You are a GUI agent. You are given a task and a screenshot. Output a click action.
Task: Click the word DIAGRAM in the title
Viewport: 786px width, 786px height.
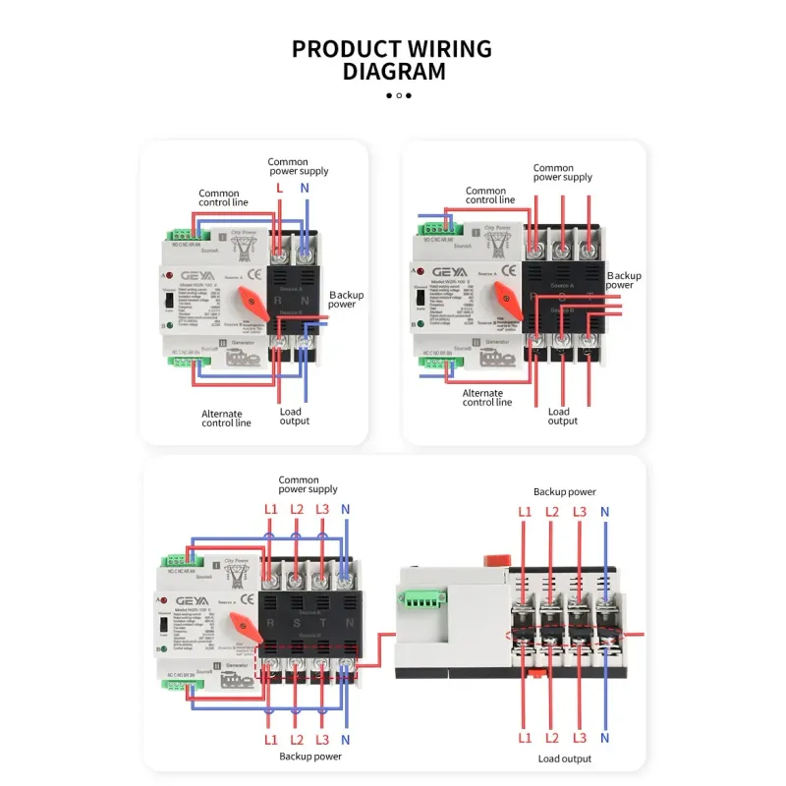tap(393, 71)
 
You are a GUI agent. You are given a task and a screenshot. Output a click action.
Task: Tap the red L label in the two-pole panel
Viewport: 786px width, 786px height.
tap(279, 187)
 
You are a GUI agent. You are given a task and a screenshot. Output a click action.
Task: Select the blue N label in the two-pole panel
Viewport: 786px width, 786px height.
tap(305, 187)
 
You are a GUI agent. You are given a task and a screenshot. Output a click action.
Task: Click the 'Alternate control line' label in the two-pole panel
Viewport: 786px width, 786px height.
tap(226, 419)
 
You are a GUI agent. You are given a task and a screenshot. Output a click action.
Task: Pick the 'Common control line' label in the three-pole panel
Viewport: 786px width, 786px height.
tap(489, 196)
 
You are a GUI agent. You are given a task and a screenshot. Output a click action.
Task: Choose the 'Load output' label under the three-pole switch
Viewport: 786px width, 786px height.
tap(562, 417)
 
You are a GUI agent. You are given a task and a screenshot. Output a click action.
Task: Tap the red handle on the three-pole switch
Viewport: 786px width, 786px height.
tap(509, 297)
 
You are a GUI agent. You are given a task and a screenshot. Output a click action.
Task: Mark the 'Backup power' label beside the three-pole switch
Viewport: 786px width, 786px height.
tap(623, 280)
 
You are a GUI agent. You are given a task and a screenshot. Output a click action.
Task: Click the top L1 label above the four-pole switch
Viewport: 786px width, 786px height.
tap(271, 509)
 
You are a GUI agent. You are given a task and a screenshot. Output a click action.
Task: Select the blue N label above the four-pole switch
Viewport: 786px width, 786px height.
tap(345, 509)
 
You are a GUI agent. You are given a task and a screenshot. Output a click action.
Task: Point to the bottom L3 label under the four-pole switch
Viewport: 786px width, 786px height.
tap(322, 738)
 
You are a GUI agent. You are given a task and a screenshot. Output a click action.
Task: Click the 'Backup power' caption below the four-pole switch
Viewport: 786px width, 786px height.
tap(309, 757)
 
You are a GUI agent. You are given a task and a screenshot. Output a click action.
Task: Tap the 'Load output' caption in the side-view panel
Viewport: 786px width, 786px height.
tap(564, 758)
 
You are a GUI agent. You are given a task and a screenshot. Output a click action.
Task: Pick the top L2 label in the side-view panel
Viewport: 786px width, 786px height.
tap(552, 512)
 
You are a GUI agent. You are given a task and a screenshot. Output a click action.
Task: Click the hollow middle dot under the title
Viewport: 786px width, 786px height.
tap(398, 95)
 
